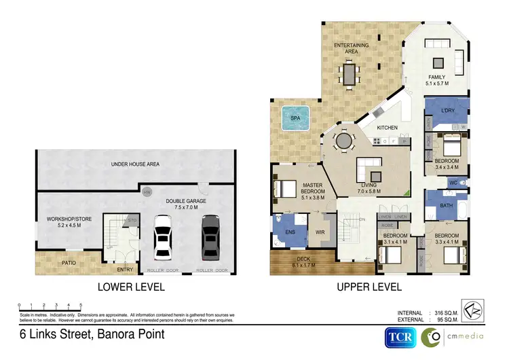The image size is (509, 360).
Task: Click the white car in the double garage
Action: pos(163,238)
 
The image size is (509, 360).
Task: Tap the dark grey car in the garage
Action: pos(210,238)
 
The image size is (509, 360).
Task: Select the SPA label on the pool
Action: pos(295,118)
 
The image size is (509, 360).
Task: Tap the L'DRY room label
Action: pos(447,110)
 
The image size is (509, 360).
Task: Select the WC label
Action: pos(453,183)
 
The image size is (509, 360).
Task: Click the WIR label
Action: pos(320,232)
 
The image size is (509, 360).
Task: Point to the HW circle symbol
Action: pos(146,193)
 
